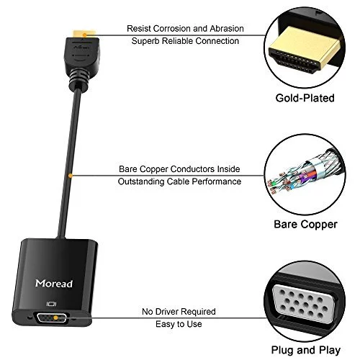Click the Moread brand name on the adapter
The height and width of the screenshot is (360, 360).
click(54, 284)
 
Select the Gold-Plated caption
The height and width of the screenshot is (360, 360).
click(305, 98)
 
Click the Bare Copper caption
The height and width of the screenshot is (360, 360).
click(305, 225)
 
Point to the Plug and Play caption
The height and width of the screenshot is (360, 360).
click(306, 350)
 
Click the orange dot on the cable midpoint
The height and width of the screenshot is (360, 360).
click(70, 176)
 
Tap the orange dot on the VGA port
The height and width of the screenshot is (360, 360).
click(55, 318)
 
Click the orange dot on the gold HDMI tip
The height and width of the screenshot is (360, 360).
click(84, 35)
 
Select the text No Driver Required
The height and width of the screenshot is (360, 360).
click(179, 312)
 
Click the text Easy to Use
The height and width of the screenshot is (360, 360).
click(179, 324)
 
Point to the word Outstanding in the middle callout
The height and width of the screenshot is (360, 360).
click(141, 181)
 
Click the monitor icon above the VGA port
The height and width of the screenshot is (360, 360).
click(51, 304)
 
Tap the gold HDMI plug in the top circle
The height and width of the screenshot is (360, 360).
click(305, 49)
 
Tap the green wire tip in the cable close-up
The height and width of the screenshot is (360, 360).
click(272, 184)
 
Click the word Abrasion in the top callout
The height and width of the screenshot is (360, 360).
click(227, 29)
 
